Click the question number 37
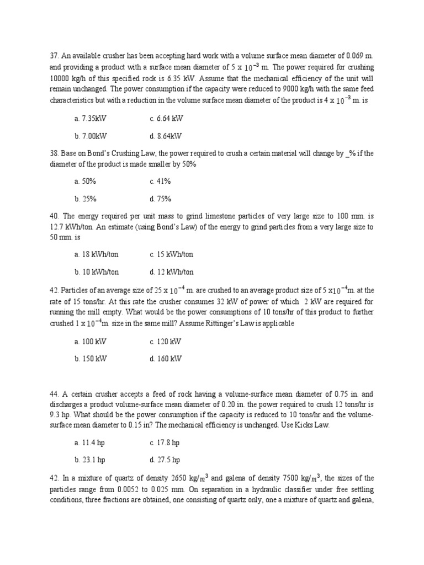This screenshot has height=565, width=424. click(54, 56)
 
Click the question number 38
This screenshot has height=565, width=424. click(54, 153)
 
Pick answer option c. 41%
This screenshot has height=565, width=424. click(160, 182)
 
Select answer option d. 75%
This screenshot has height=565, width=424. click(160, 199)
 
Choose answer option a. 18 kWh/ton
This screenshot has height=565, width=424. click(96, 254)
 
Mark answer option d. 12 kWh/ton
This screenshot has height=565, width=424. click(171, 272)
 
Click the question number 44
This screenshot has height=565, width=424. click(54, 395)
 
